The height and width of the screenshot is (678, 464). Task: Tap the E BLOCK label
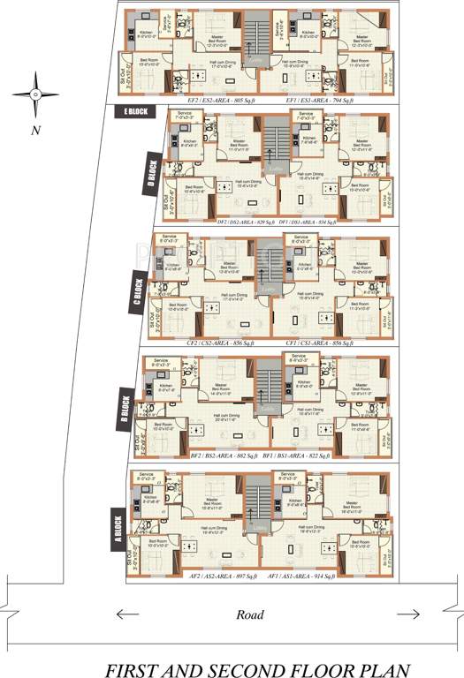pos(137,111)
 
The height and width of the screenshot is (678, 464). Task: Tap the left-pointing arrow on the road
pos(126,614)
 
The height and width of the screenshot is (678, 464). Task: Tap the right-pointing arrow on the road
pos(408,614)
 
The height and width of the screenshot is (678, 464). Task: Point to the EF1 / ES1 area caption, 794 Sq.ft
pos(320,102)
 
